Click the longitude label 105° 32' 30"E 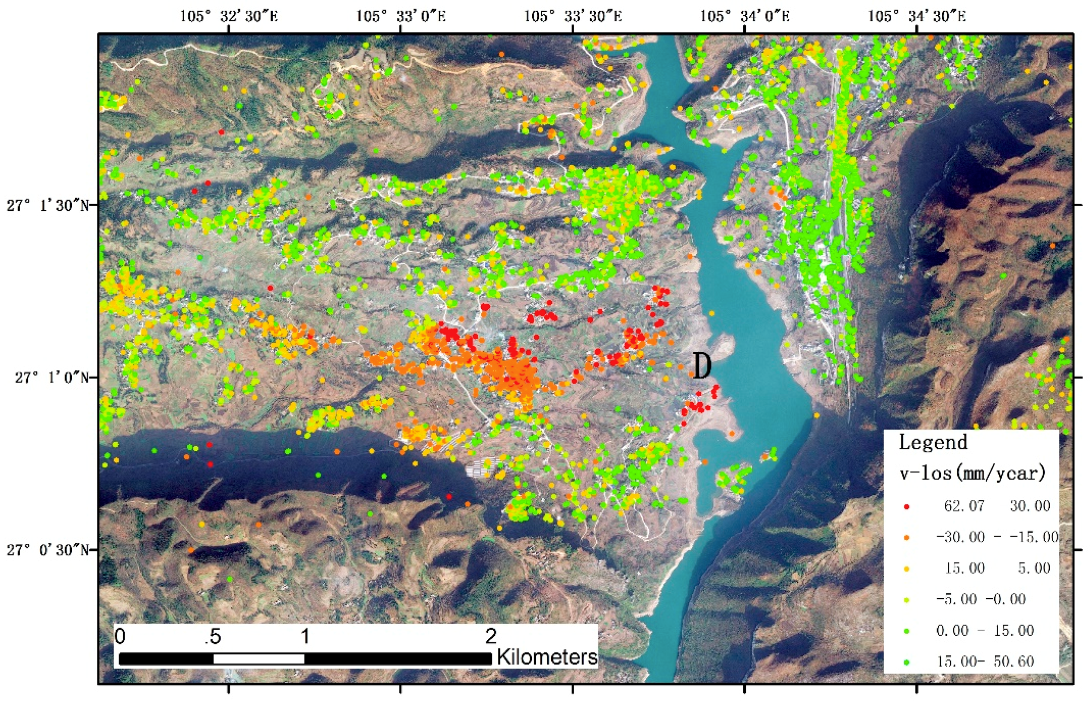coord(229,16)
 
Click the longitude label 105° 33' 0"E coord(401,16)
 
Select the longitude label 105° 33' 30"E coord(573,16)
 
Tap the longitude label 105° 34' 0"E coord(745,16)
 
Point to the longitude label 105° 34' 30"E coord(917,16)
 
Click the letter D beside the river coord(702,366)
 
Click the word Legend coord(933,443)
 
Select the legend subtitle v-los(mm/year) coord(972,472)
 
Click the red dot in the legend coord(906,507)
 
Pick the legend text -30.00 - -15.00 coord(997,537)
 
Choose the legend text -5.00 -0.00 coord(980,599)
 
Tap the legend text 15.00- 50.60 coord(985,661)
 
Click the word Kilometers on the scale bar coord(547,657)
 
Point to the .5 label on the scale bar coord(213,637)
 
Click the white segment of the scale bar coord(259,659)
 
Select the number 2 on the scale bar coord(491,636)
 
